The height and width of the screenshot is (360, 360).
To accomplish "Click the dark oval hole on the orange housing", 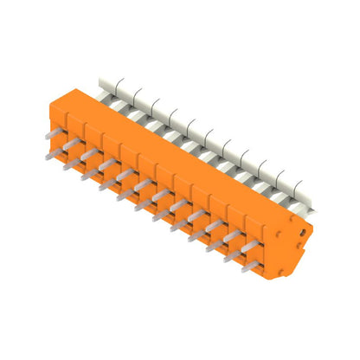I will click(303, 232).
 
